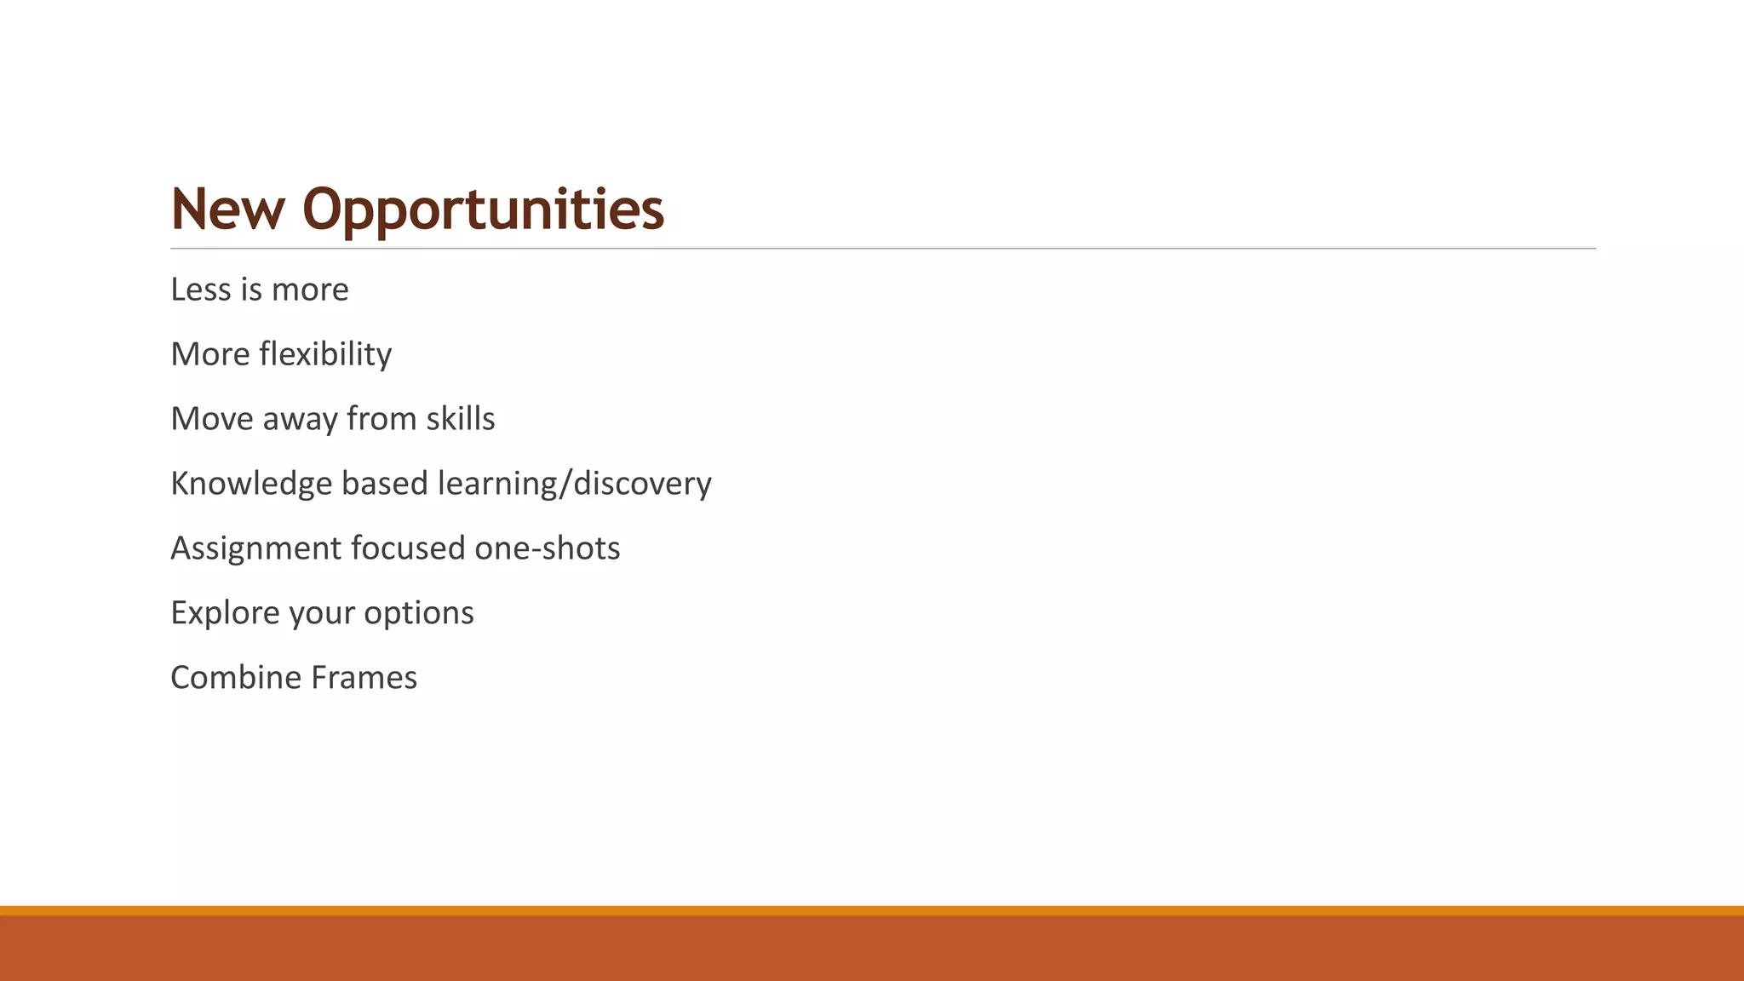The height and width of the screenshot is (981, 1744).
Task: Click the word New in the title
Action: click(227, 209)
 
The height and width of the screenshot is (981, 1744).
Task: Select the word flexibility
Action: click(325, 354)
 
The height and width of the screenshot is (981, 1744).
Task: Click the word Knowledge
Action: click(251, 484)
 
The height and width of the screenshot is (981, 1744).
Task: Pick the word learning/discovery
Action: click(574, 484)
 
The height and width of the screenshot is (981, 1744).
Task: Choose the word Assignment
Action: click(255, 548)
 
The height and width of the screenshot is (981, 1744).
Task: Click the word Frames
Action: click(364, 678)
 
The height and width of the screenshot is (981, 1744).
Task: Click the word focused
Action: click(408, 548)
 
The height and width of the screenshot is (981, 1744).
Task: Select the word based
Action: click(384, 484)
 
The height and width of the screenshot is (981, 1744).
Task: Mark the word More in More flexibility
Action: click(209, 354)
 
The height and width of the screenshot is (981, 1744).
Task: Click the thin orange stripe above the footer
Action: click(872, 910)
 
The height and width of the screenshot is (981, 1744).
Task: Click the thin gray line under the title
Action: click(882, 249)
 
